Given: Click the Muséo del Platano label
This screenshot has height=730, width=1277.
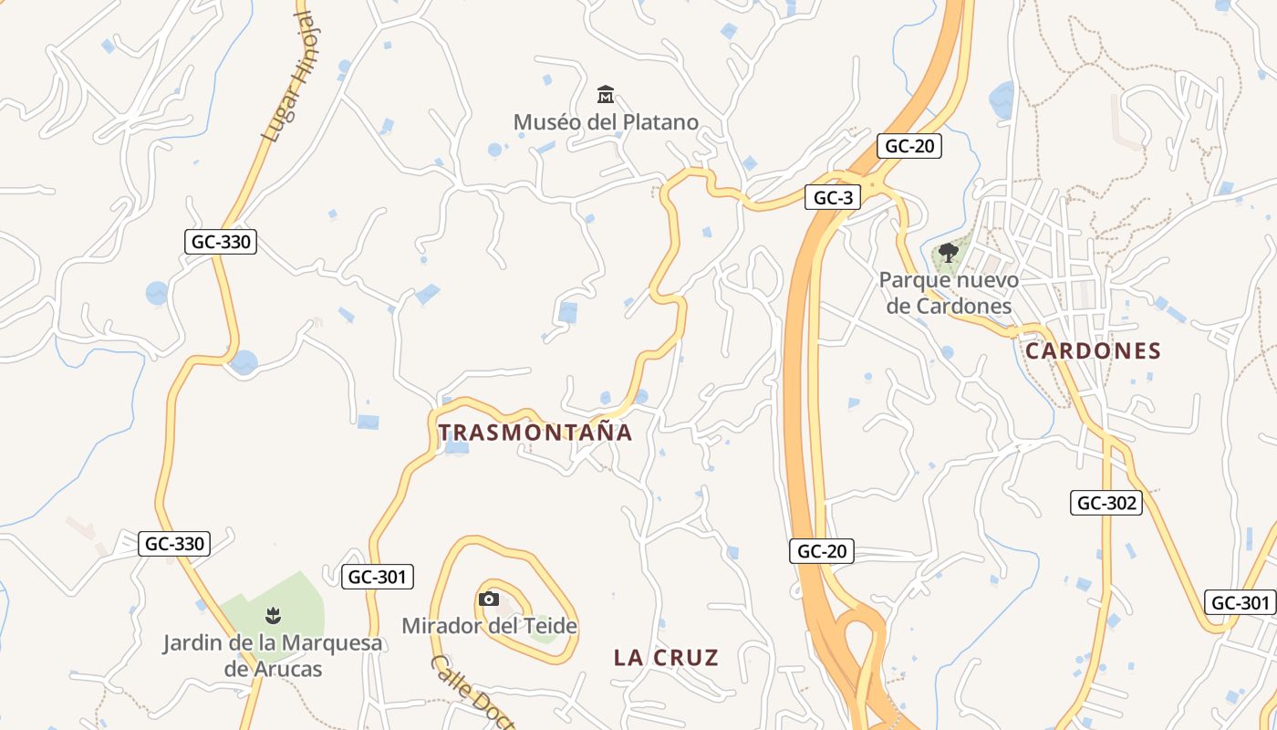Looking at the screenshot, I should pos(606,122).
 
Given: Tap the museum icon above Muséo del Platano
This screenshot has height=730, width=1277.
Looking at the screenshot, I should pos(605,94).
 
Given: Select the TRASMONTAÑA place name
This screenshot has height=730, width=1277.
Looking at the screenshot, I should pos(535,433).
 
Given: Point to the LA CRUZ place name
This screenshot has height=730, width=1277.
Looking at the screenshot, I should pos(666,657).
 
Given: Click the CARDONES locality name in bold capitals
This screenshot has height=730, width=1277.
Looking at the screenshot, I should pos(1093,351).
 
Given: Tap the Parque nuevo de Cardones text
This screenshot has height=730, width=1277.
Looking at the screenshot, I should pos(949,293).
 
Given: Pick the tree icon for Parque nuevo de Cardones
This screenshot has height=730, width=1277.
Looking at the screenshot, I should pos(949,252).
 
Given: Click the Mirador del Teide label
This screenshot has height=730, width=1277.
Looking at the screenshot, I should pos(490,626).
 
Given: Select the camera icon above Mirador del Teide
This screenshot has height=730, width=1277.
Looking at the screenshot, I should pos(489,599).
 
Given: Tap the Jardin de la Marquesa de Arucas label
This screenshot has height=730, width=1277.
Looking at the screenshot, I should pos(273,655).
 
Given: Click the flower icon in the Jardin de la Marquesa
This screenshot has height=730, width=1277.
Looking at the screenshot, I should pos(272,615).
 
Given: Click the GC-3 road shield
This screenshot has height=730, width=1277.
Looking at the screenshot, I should pos(833,198).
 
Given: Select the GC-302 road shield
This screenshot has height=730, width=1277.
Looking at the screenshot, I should pos(1106,503).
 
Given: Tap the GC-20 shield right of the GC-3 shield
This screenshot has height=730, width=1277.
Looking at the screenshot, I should pos(909,146).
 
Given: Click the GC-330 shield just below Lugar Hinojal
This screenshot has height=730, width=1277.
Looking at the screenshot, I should pos(220,242).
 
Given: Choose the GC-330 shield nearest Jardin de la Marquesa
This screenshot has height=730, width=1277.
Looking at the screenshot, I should pos(175,545).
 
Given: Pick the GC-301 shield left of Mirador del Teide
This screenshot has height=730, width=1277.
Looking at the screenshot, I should pos(379,577).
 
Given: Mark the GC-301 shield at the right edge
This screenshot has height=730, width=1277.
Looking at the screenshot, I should pos(1241,602).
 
